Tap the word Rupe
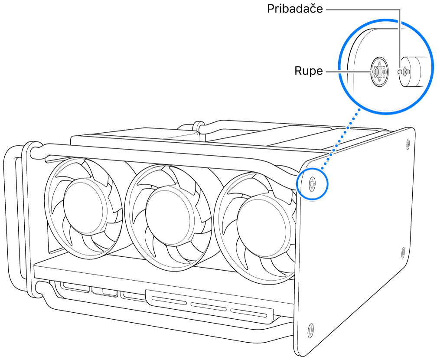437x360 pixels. point(309,71)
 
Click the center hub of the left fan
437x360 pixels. point(85,206)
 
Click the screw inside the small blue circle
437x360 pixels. point(312,184)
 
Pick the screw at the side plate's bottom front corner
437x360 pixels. point(310,331)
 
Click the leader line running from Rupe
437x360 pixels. point(347,71)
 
